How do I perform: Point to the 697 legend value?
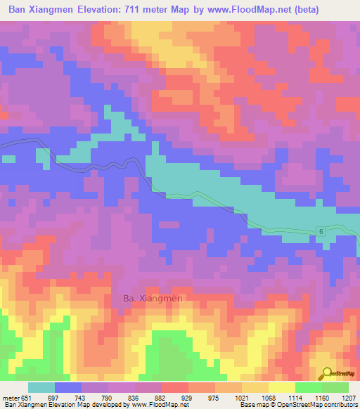tap(62, 397)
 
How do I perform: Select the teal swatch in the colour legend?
tap(41, 387)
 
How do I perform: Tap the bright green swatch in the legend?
tap(308, 387)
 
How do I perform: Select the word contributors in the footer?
tap(340, 405)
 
